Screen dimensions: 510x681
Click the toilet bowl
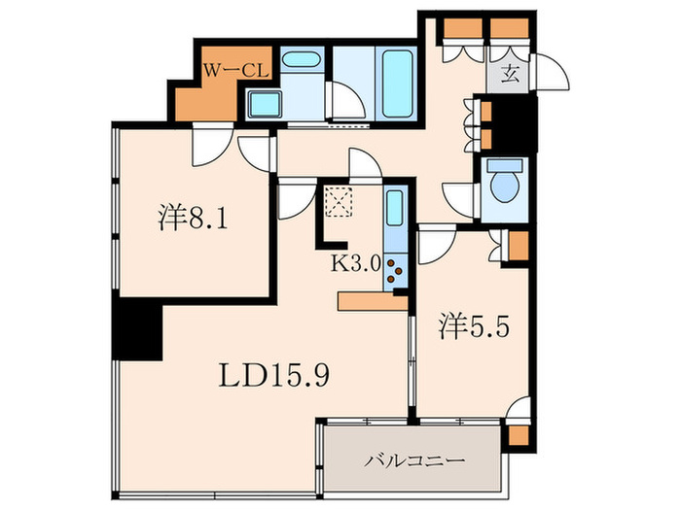[x=504, y=185]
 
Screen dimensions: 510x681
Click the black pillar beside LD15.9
[x=137, y=330]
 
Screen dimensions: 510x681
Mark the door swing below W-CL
[x=207, y=146]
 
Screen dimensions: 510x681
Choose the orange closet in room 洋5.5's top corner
[x=518, y=244]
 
